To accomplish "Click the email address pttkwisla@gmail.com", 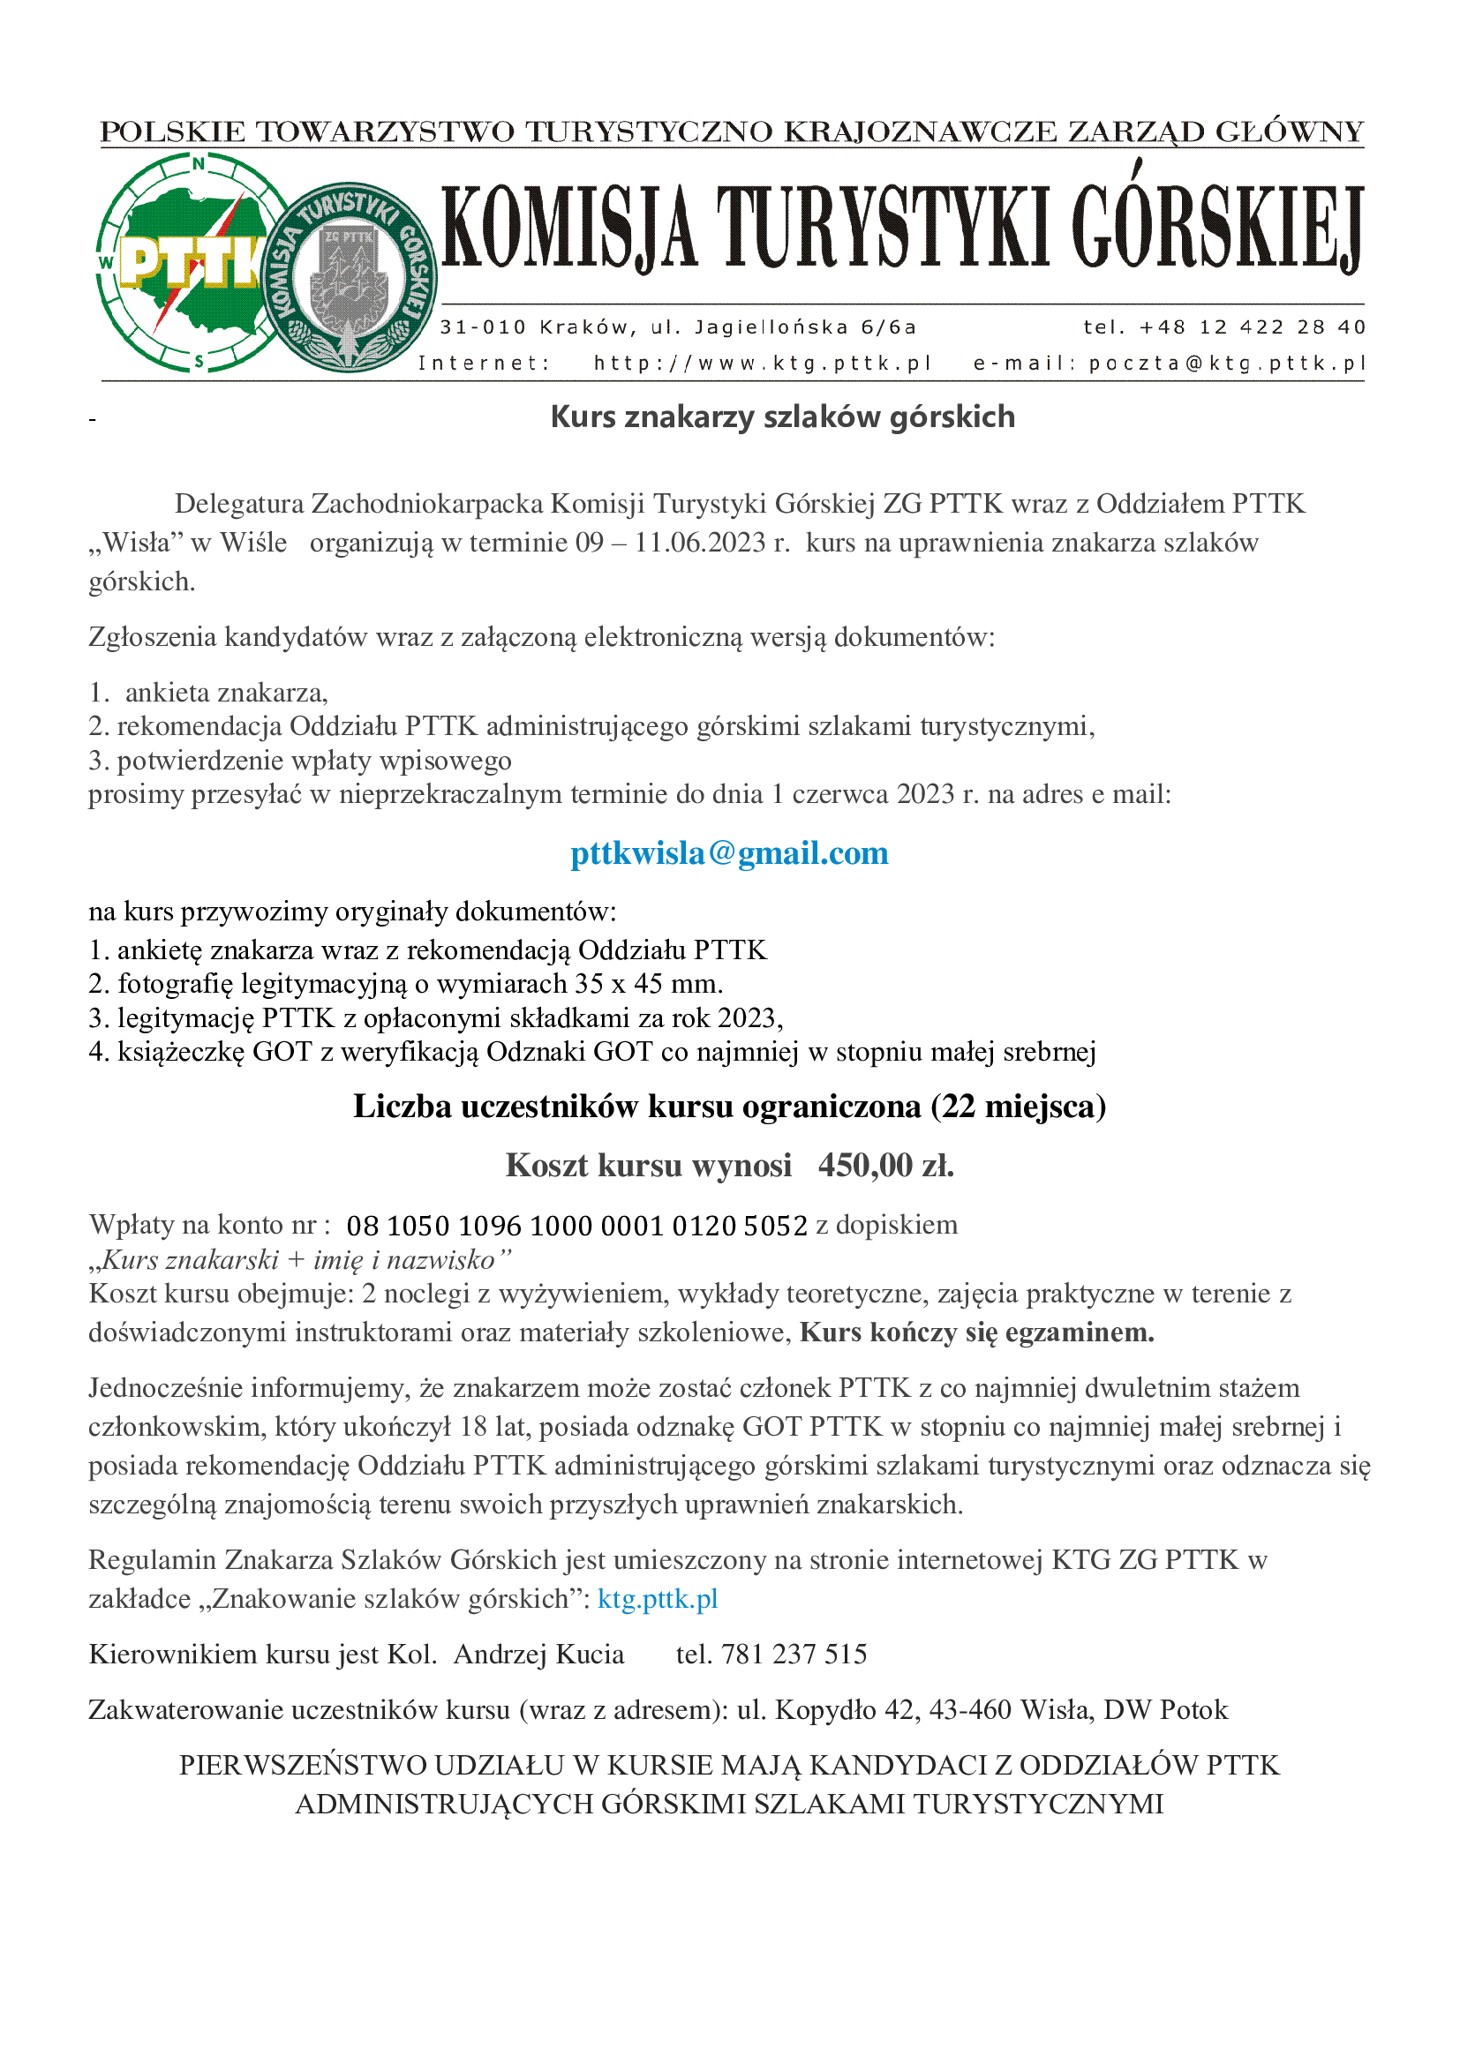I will point(729,853).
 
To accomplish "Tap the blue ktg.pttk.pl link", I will point(658,1598).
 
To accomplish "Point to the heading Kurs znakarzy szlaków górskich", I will point(782,417).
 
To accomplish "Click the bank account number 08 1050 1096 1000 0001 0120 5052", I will point(576,1226).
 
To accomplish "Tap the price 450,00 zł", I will point(885,1165).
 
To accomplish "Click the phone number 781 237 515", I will point(794,1654).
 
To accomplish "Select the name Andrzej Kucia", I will point(538,1654).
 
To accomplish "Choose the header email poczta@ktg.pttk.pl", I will point(1226,364).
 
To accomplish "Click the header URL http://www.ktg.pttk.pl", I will point(762,364).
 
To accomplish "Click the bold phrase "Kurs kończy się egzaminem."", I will point(976,1332).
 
